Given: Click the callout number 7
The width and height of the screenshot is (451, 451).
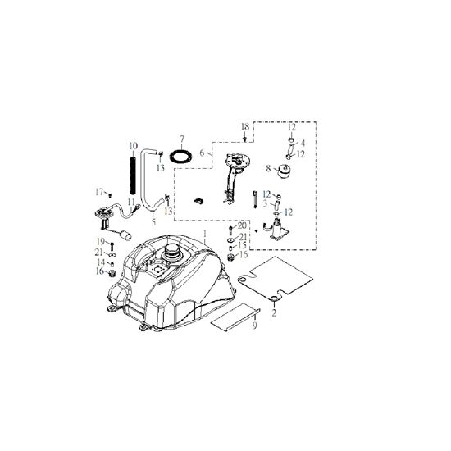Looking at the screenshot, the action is click(x=182, y=139).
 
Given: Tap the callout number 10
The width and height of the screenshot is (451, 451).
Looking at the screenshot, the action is click(x=133, y=146).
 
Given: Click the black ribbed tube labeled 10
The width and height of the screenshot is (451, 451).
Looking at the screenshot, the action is click(x=133, y=175).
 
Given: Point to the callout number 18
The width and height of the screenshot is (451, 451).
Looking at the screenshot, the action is click(x=245, y=127).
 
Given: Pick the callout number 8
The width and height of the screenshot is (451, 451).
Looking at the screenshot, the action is click(x=268, y=168).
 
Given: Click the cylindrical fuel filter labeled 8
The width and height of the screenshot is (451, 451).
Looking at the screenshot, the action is click(x=284, y=171).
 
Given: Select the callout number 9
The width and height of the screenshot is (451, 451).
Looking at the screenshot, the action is click(x=254, y=326).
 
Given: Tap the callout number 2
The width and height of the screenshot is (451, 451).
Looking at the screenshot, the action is click(x=274, y=312).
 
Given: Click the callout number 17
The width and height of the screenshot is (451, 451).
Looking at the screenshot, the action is click(x=99, y=192).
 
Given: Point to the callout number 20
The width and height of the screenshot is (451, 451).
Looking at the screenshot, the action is click(x=242, y=225).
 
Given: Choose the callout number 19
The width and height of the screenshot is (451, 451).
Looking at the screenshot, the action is click(x=101, y=241).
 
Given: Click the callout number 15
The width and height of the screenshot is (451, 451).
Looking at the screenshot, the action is click(x=242, y=245).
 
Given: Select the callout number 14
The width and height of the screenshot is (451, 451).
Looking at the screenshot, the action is click(x=101, y=262).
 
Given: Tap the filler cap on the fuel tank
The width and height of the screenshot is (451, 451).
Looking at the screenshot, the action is click(x=172, y=253).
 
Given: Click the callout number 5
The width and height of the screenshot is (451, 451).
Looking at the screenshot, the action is click(x=153, y=221).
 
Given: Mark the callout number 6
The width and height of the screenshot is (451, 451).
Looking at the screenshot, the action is click(x=203, y=153).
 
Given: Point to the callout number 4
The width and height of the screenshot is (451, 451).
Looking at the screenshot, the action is click(x=303, y=143).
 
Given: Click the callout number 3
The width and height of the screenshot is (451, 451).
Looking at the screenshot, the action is click(x=265, y=203).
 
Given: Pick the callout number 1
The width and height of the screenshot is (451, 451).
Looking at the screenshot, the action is click(x=205, y=234).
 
